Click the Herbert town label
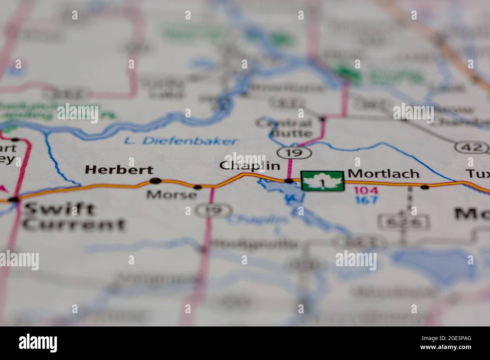119,170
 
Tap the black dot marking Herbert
155,181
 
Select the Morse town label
171,195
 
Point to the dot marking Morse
198,187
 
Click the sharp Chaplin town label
250,166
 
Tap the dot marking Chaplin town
289,182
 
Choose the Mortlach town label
383,174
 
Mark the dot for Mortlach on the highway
425,187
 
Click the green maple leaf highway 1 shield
322,181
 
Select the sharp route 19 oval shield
294,153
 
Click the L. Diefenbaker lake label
181,141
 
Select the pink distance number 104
365,191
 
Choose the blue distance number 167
365,200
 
